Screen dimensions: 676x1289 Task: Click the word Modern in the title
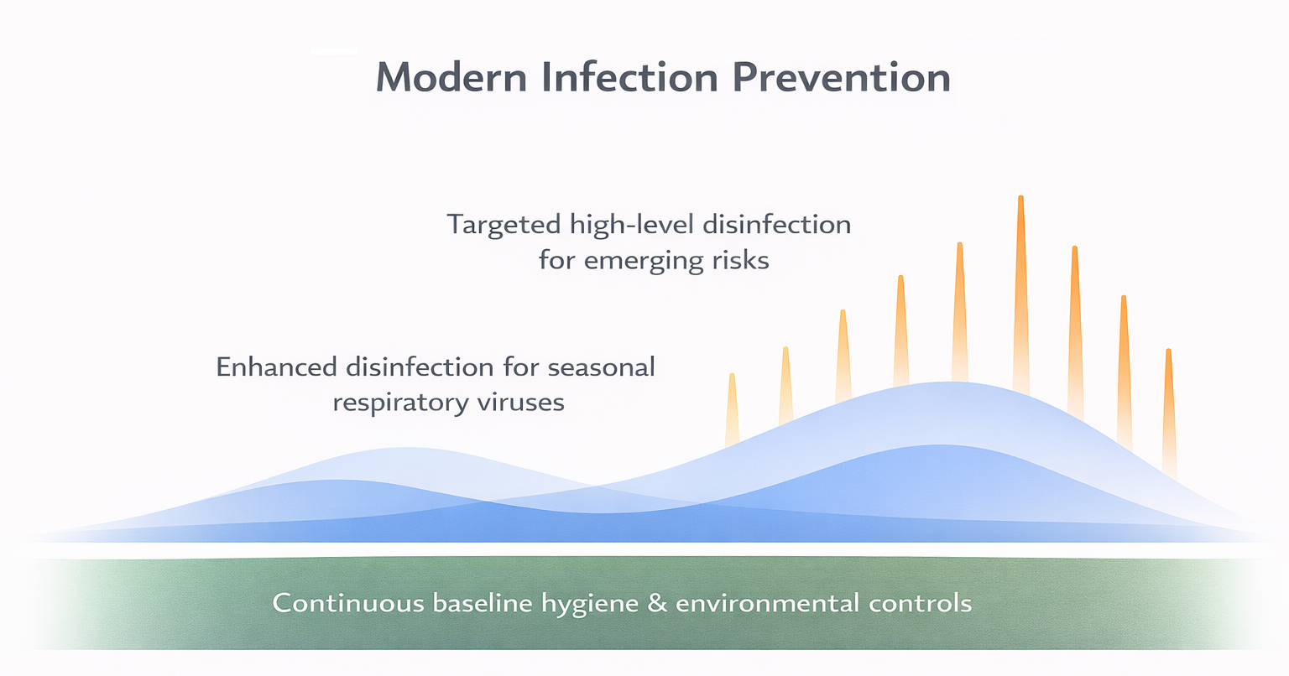451,77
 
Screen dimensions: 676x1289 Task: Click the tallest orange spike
1020,294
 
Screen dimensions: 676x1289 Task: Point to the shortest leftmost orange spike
732,411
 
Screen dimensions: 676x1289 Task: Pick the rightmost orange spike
1168,411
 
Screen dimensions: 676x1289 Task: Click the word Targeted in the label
504,225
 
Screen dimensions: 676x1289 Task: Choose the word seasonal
601,367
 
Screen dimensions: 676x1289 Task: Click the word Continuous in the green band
348,603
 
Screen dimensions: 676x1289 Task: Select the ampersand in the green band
657,603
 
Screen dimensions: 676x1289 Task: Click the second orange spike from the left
785,386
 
